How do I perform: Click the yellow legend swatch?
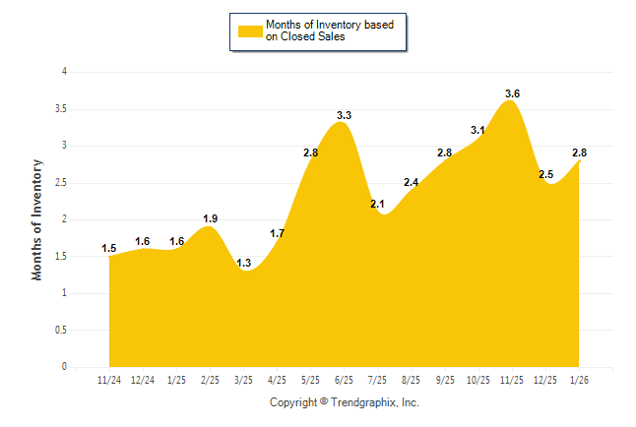click(x=249, y=30)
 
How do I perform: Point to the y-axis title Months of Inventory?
click(x=37, y=219)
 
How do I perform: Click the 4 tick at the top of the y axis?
click(x=64, y=72)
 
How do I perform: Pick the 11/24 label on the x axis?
click(x=109, y=380)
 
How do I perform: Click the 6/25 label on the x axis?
click(x=345, y=380)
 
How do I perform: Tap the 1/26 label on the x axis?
click(x=579, y=380)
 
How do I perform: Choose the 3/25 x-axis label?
click(x=243, y=380)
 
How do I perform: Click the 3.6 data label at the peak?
click(x=512, y=93)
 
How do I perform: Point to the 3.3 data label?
click(x=344, y=115)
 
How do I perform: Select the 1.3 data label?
click(x=243, y=263)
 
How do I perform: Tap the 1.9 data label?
click(x=210, y=218)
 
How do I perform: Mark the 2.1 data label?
click(x=377, y=204)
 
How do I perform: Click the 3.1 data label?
click(x=478, y=130)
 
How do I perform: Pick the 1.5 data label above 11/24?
click(x=109, y=248)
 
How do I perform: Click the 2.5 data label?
click(x=545, y=174)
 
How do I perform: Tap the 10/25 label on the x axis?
click(x=478, y=380)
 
